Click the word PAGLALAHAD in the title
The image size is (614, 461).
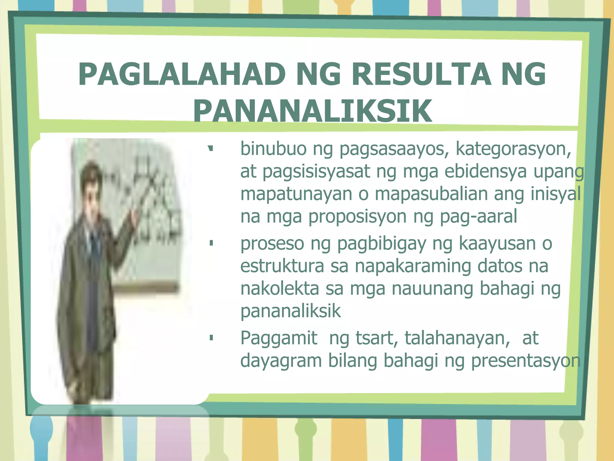tap(182, 74)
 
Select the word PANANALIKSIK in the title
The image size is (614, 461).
tap(312, 111)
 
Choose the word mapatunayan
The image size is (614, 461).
tap(296, 194)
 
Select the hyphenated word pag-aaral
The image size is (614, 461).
tap(478, 217)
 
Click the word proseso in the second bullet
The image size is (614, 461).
tap(272, 244)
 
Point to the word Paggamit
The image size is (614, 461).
tap(279, 338)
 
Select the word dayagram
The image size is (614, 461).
tap(281, 361)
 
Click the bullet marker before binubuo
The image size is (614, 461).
tap(211, 148)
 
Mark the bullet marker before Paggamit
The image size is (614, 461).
tap(211, 338)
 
